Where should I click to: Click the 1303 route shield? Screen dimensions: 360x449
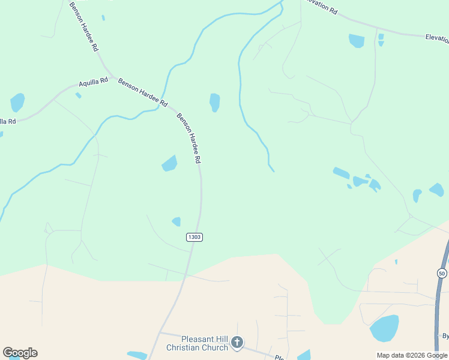pyautogui.click(x=194, y=237)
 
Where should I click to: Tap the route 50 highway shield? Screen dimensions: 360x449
pyautogui.click(x=442, y=273)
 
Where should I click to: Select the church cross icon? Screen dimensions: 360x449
pyautogui.click(x=237, y=343)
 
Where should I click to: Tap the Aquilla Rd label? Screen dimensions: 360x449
pyautogui.click(x=94, y=81)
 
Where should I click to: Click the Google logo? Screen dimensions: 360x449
pyautogui.click(x=20, y=353)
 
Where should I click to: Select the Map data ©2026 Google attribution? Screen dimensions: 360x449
pyautogui.click(x=411, y=355)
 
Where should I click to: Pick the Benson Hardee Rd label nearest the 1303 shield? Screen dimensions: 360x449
pyautogui.click(x=188, y=138)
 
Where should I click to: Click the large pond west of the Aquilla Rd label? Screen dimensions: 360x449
pyautogui.click(x=17, y=102)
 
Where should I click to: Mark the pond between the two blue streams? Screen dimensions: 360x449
pyautogui.click(x=214, y=102)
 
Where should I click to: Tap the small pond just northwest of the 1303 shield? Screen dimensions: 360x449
pyautogui.click(x=176, y=221)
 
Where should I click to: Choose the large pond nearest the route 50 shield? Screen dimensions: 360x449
pyautogui.click(x=384, y=328)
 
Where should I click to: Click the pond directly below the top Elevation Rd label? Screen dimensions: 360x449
pyautogui.click(x=357, y=41)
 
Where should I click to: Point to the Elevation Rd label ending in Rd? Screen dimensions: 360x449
pyautogui.click(x=321, y=7)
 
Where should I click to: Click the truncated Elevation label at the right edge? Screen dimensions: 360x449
pyautogui.click(x=437, y=38)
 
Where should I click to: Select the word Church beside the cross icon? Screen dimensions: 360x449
pyautogui.click(x=215, y=347)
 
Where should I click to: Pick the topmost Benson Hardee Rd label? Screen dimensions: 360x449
pyautogui.click(x=83, y=28)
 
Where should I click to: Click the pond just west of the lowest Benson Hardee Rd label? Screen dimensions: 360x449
pyautogui.click(x=170, y=163)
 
